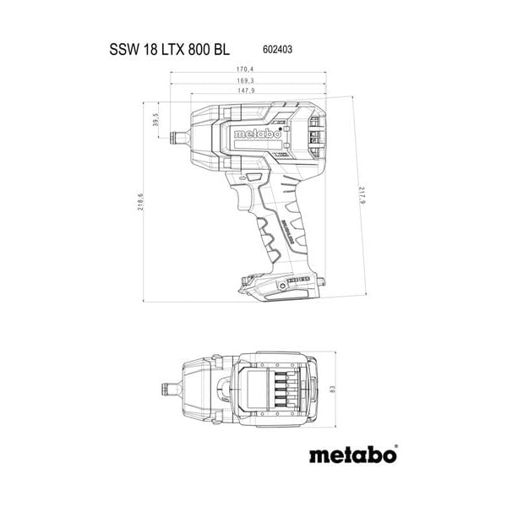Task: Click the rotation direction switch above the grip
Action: click(x=251, y=178)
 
